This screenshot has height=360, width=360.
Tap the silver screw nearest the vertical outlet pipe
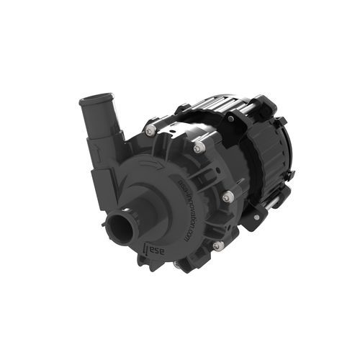[x=150, y=130]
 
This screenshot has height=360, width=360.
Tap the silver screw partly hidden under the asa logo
[x=177, y=264]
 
